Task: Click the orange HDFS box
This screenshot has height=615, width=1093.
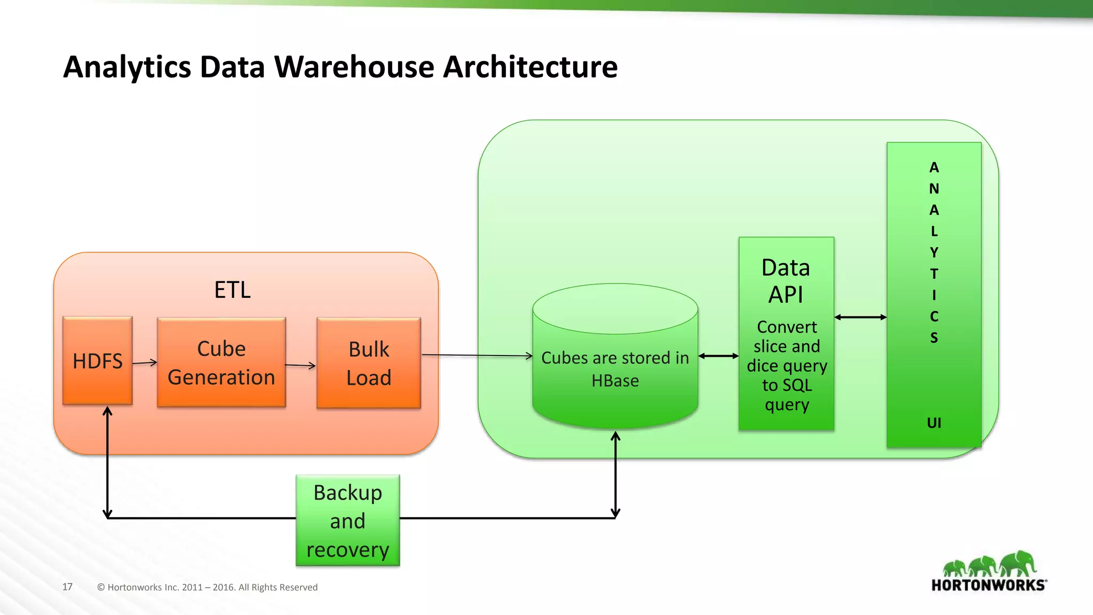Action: [x=97, y=360]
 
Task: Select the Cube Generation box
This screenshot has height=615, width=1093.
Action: [x=221, y=362]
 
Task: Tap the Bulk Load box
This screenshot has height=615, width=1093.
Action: [x=368, y=363]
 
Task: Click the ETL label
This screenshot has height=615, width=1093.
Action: [x=232, y=290]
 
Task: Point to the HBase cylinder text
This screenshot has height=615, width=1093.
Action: [x=615, y=369]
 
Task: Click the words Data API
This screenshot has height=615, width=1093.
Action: [x=786, y=281]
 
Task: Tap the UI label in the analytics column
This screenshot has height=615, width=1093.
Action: [x=934, y=423]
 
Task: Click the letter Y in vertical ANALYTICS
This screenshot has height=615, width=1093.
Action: [x=934, y=252]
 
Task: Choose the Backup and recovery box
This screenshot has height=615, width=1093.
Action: [x=347, y=521]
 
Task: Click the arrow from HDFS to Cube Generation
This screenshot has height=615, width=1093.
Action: [x=145, y=362]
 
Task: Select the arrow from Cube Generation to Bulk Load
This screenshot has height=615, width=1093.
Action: [x=300, y=365]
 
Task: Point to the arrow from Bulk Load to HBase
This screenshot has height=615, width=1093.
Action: [x=477, y=355]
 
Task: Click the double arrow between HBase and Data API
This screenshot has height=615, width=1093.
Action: [x=718, y=356]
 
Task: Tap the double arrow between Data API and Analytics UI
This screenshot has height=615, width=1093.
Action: [x=860, y=317]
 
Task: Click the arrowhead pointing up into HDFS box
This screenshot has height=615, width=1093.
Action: [x=107, y=411]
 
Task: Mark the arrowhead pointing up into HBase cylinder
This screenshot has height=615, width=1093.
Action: [x=615, y=436]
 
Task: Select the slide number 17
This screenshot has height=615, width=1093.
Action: [x=67, y=587]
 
